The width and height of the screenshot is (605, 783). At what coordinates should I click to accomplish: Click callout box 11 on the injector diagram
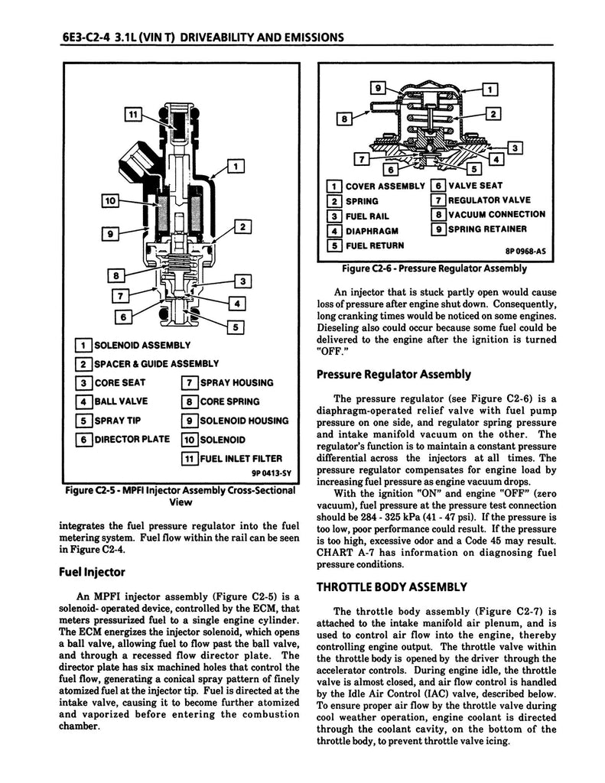pyautogui.click(x=134, y=115)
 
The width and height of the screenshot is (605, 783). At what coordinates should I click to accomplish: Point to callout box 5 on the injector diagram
pyautogui.click(x=236, y=327)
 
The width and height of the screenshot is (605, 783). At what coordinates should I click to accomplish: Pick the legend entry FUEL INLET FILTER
pyautogui.click(x=240, y=459)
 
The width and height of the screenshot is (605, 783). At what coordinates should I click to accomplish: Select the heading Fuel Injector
pyautogui.click(x=93, y=570)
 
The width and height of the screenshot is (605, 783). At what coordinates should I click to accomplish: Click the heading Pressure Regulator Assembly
pyautogui.click(x=393, y=374)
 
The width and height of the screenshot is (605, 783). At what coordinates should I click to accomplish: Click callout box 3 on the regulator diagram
pyautogui.click(x=515, y=147)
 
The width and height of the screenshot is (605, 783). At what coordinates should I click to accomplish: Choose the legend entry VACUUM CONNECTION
pyautogui.click(x=496, y=215)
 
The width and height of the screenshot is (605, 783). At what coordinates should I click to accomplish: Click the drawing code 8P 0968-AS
pyautogui.click(x=525, y=250)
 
